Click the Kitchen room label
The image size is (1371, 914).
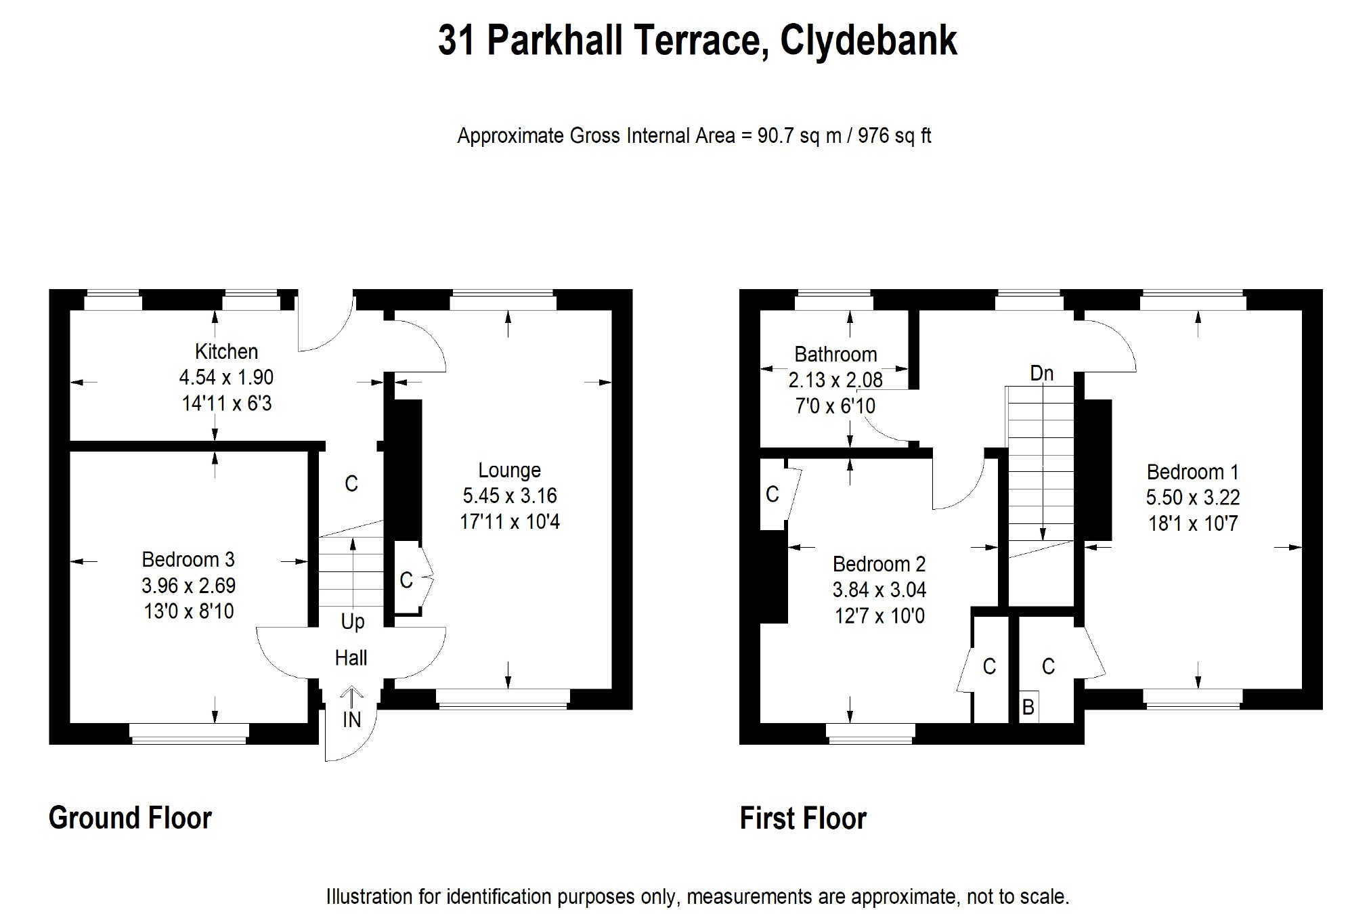[x=226, y=351]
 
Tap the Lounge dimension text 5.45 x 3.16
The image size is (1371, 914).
[x=509, y=496]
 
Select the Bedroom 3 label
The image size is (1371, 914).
[x=188, y=559]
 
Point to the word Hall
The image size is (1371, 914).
[x=351, y=657]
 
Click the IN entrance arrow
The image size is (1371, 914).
[x=351, y=693]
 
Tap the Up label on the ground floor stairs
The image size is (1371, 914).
[x=352, y=622]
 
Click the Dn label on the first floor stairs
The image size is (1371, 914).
[x=1041, y=373]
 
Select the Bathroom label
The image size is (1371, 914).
[x=835, y=354]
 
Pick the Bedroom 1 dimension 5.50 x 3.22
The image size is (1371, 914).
[x=1192, y=498]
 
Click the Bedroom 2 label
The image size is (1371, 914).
[x=879, y=564]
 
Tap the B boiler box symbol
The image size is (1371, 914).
[x=1028, y=708]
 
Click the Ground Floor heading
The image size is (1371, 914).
[x=130, y=818]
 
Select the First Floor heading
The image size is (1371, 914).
[x=803, y=818]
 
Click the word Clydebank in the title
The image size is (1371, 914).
[x=868, y=41]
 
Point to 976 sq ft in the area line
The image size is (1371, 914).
[x=894, y=136]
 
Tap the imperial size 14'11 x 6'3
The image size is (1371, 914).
[x=226, y=404]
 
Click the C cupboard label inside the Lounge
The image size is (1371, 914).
[x=406, y=580]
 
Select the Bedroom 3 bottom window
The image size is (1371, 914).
[x=189, y=733]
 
